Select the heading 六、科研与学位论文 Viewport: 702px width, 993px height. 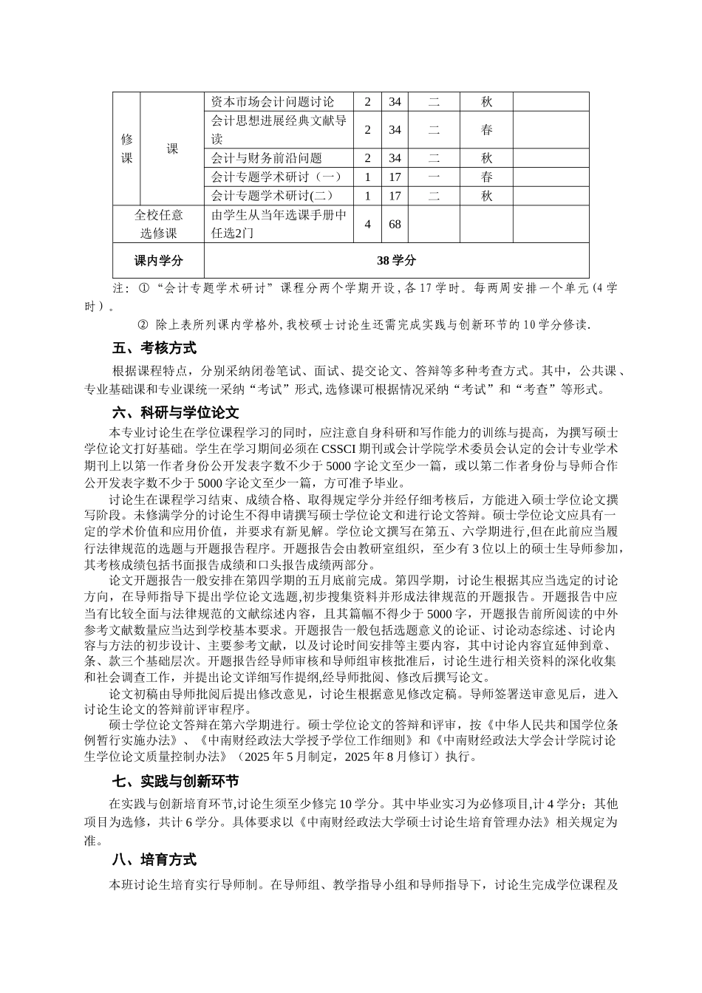(x=175, y=412)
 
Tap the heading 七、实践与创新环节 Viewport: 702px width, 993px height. (x=175, y=781)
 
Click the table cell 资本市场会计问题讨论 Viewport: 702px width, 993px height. (x=273, y=102)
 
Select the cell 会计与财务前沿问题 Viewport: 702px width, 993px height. (x=267, y=158)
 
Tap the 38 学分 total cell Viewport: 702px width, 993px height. (x=396, y=261)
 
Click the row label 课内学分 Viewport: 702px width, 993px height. (x=158, y=261)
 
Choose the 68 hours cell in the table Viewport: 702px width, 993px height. (x=395, y=224)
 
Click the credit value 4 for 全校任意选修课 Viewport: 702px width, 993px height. (x=367, y=224)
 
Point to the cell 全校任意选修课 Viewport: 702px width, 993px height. (x=158, y=224)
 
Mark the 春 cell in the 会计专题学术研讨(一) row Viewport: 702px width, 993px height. (x=486, y=177)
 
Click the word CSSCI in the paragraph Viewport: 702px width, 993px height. (x=339, y=448)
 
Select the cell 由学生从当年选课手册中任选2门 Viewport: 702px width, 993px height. (x=279, y=224)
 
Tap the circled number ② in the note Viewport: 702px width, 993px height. (x=143, y=324)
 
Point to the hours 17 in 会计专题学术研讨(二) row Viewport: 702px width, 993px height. (x=395, y=197)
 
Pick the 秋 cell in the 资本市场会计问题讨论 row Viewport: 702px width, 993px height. (x=486, y=102)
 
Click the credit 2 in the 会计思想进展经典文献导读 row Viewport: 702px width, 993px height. (x=367, y=130)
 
